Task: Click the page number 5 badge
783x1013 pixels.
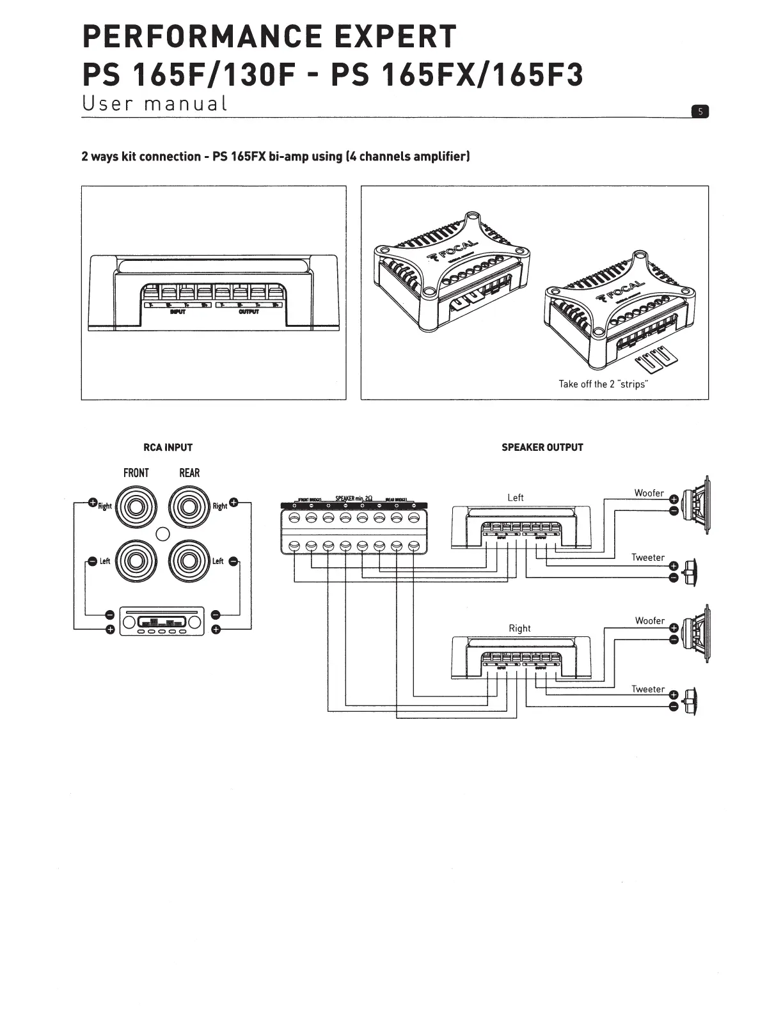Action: click(700, 112)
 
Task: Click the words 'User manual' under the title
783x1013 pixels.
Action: click(155, 104)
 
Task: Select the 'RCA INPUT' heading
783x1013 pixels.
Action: click(168, 448)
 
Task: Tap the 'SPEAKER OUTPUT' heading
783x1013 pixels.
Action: click(542, 448)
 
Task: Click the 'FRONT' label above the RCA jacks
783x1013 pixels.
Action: click(136, 473)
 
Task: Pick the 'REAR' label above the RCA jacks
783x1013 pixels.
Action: click(189, 473)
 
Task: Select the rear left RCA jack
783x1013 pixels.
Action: click(190, 561)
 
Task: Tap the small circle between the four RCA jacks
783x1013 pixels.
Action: click(163, 534)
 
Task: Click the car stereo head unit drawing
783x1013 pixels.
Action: click(162, 621)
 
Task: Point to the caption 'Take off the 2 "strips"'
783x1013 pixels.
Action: click(603, 384)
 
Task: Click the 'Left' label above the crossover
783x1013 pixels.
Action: click(515, 498)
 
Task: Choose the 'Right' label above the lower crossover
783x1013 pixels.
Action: click(519, 628)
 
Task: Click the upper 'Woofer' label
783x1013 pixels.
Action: click(649, 493)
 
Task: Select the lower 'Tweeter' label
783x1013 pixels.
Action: click(647, 689)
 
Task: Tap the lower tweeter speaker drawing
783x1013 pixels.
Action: click(690, 701)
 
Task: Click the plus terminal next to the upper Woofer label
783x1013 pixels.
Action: click(673, 500)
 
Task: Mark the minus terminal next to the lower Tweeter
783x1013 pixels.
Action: click(673, 707)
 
